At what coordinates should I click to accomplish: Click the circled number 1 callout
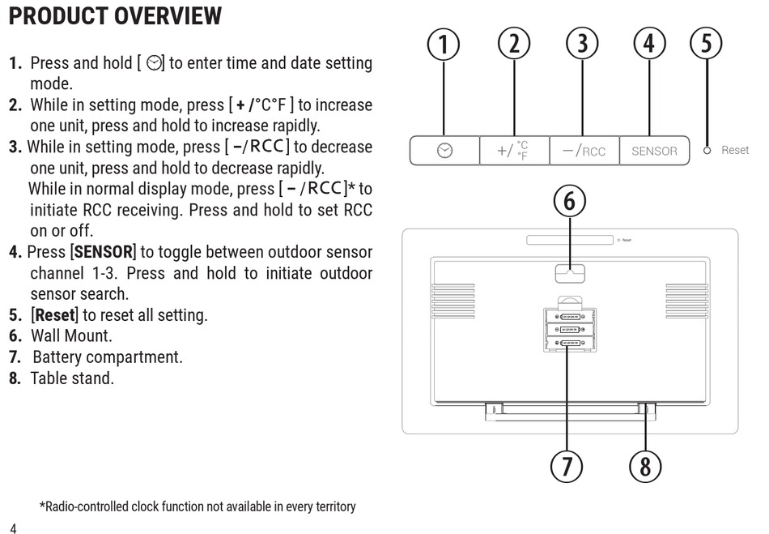(x=444, y=44)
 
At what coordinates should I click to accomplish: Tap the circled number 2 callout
(x=513, y=44)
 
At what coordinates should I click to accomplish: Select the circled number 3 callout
(x=582, y=44)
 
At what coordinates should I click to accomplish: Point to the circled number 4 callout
(x=649, y=44)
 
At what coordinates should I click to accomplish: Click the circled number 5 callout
(x=707, y=44)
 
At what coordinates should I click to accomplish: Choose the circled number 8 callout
(x=645, y=465)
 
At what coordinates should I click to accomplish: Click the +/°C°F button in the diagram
(x=513, y=151)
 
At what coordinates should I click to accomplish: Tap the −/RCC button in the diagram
(x=584, y=151)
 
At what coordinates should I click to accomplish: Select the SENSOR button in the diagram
(x=654, y=151)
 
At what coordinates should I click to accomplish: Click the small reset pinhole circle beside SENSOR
(x=707, y=151)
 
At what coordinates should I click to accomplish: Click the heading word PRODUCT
(x=59, y=15)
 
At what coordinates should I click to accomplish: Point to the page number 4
(x=13, y=528)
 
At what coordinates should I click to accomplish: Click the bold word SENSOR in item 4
(x=103, y=252)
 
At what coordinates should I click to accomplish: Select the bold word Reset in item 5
(x=54, y=315)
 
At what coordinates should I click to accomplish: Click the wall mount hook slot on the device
(x=570, y=274)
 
